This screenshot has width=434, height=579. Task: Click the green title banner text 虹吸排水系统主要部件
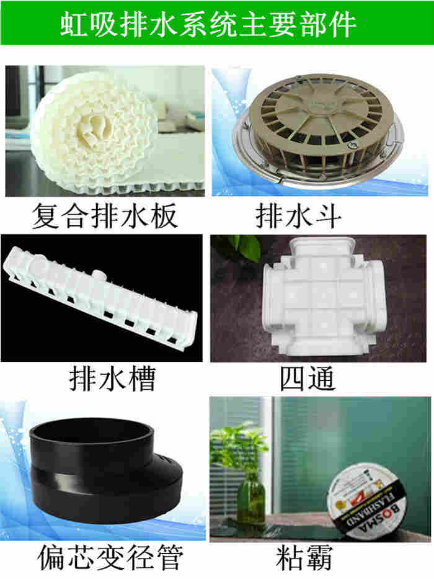click(208, 25)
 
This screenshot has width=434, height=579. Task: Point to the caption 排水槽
click(113, 379)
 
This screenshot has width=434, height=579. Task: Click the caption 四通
click(308, 379)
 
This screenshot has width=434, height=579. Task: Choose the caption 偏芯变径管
click(110, 557)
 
